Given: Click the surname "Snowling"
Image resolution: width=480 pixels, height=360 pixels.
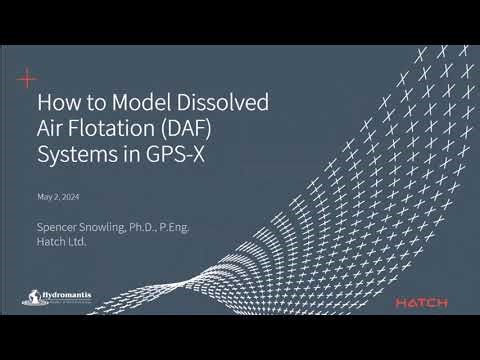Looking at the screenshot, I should point(109,228).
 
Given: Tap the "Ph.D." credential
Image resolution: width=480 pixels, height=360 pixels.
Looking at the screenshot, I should point(153,228).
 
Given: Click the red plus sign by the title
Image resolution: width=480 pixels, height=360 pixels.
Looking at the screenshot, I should point(28,77).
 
